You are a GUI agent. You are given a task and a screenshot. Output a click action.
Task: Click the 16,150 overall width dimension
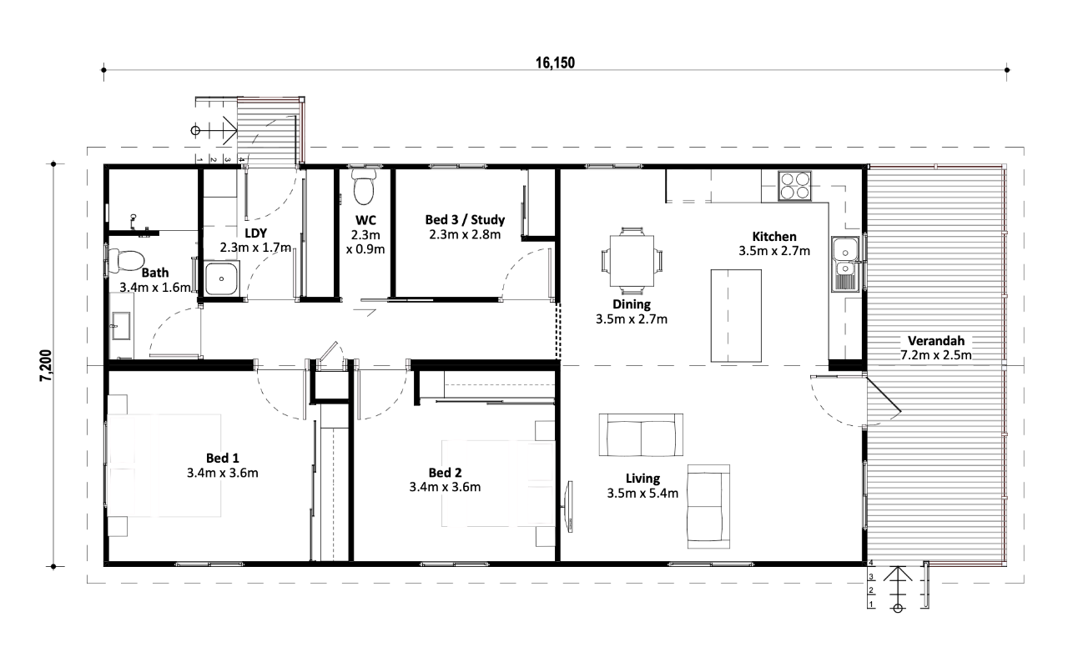(x=555, y=63)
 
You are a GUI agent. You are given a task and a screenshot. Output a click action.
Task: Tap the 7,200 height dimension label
(x=46, y=365)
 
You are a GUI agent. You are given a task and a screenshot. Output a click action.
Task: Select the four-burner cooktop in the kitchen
(x=794, y=186)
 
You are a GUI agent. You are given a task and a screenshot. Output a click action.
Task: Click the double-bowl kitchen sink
(x=845, y=263)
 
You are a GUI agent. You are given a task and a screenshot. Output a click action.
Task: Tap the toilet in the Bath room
(x=125, y=261)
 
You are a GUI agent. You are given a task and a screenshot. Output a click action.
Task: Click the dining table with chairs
(x=632, y=261)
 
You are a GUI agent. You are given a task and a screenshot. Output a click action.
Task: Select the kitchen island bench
(x=736, y=316)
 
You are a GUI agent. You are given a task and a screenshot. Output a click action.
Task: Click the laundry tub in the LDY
(x=221, y=278)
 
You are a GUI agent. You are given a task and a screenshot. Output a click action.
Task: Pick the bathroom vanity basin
(x=121, y=326)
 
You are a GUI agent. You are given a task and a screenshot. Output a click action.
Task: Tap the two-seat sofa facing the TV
(x=641, y=435)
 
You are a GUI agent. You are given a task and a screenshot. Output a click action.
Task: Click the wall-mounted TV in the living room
(x=568, y=506)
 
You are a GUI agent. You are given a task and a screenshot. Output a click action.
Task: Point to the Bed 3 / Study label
(x=465, y=219)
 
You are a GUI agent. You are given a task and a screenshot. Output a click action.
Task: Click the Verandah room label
(x=936, y=341)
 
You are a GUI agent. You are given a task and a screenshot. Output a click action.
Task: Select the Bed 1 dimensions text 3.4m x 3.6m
(x=222, y=473)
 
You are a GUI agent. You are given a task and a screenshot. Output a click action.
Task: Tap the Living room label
(x=642, y=479)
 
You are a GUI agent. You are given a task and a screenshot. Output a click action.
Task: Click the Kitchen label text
(x=774, y=236)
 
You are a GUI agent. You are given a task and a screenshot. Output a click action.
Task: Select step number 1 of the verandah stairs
(x=871, y=604)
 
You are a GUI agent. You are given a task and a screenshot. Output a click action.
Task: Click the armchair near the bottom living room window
(x=708, y=507)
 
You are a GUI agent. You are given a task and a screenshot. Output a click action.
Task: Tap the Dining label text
(x=632, y=304)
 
